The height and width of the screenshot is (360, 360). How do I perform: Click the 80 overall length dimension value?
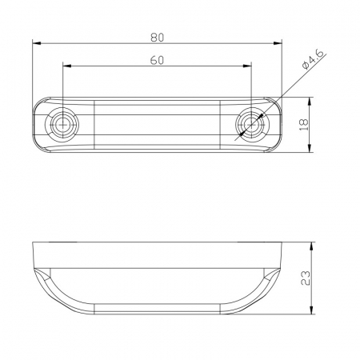coord(157,38)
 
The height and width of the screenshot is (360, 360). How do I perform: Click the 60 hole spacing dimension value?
coord(157,60)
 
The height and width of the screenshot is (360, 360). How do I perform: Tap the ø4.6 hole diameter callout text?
coord(313,59)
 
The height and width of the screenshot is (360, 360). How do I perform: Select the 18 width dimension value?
coord(304,125)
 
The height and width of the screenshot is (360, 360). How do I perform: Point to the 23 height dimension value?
coord(306,278)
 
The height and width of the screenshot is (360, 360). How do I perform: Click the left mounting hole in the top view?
coord(62,125)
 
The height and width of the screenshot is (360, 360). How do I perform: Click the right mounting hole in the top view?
coord(252,125)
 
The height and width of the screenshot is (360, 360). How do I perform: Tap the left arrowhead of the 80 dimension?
coord(37,43)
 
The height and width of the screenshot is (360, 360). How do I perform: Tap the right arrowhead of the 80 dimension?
coord(278,43)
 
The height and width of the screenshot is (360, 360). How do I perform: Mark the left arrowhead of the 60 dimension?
coord(67,66)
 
